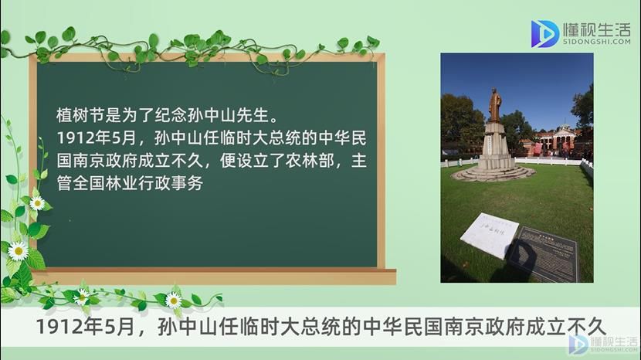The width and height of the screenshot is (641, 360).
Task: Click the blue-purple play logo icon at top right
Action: click(x=544, y=33)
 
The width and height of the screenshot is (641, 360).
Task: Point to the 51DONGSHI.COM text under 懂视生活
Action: click(x=596, y=42)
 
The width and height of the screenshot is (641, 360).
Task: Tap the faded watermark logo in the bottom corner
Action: click(x=603, y=344)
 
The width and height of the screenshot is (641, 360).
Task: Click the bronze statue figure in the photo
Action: click(x=494, y=105)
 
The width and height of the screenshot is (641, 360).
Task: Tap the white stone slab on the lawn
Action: click(x=490, y=235)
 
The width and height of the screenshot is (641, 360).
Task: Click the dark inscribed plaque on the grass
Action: click(x=544, y=253)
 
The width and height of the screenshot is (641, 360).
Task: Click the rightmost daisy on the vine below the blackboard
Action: click(x=173, y=301)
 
